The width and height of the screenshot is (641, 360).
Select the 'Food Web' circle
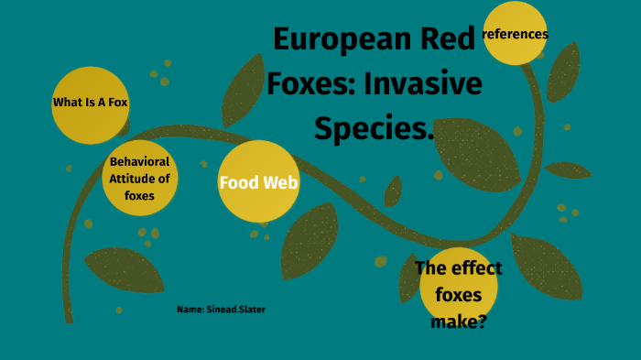point(259,181)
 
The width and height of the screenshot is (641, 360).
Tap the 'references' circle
point(515,34)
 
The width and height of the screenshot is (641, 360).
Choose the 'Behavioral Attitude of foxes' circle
point(139,178)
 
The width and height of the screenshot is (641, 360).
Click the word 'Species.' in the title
point(374,128)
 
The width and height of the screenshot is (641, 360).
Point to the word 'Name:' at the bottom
point(190,310)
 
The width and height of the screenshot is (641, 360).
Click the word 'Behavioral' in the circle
point(139,162)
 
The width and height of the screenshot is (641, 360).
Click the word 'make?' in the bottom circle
point(458,322)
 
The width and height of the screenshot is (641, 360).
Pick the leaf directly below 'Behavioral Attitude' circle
point(123,269)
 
